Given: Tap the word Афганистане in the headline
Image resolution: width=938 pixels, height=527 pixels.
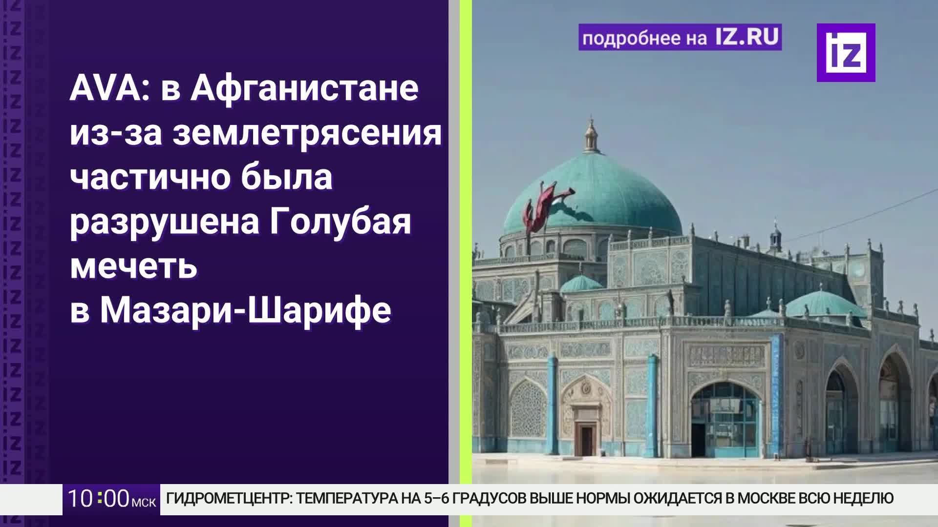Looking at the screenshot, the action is coord(304,89).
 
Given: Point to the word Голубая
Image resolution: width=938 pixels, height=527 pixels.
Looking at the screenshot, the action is coord(340,222).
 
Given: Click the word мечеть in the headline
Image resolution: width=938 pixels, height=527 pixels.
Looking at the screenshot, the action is coord(133,266).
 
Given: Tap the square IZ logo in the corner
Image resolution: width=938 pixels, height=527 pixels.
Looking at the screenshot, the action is coord(846,53).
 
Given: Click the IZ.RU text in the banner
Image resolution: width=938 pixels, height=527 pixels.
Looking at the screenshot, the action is coord(747,38).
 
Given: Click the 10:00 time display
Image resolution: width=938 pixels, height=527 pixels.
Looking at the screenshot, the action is coord(98,499).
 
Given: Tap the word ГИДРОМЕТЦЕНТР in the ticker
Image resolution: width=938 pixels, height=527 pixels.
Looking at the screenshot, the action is coord(229,498).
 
